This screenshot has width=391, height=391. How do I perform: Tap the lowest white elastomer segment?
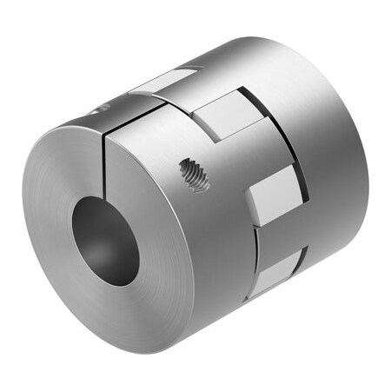click(x=280, y=269)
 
